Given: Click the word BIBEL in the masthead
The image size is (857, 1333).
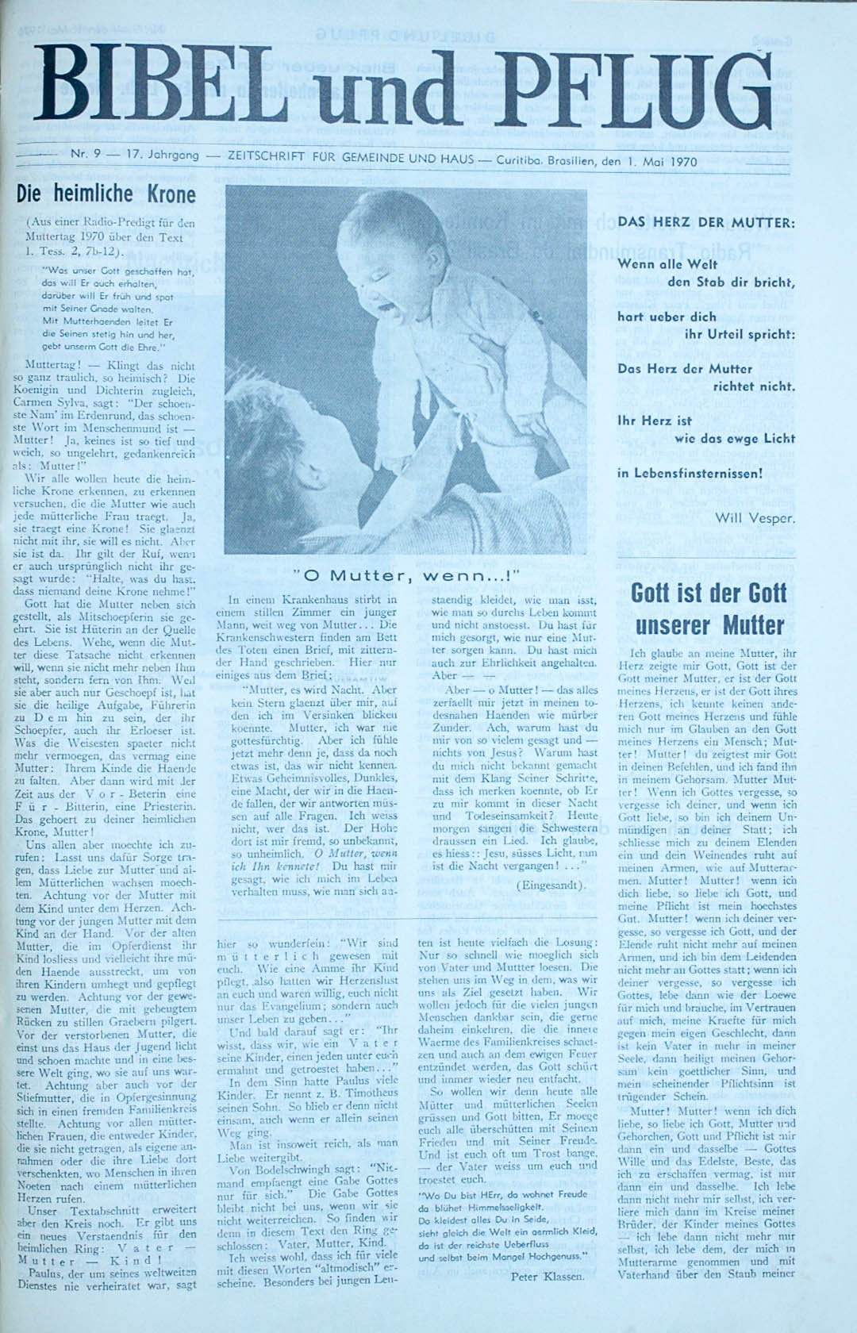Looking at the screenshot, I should coord(159,89).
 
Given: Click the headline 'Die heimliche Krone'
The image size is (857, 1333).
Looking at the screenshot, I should coord(106,194).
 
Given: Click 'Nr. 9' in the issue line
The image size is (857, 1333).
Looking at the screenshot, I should coord(85,155).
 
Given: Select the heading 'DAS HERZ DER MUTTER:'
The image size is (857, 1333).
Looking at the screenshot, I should coord(705,222).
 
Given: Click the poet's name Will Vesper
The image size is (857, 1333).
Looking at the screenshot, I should coord(754,518).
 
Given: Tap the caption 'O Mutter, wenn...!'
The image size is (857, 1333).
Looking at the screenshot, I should coord(405,575).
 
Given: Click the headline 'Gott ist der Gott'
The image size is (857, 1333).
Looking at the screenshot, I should coord(709,593).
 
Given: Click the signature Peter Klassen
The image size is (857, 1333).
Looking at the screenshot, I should coord(546,1276).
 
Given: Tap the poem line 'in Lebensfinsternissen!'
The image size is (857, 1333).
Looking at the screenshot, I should coord(689,474).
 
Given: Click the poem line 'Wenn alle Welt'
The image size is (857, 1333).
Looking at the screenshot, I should coord(667,264).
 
